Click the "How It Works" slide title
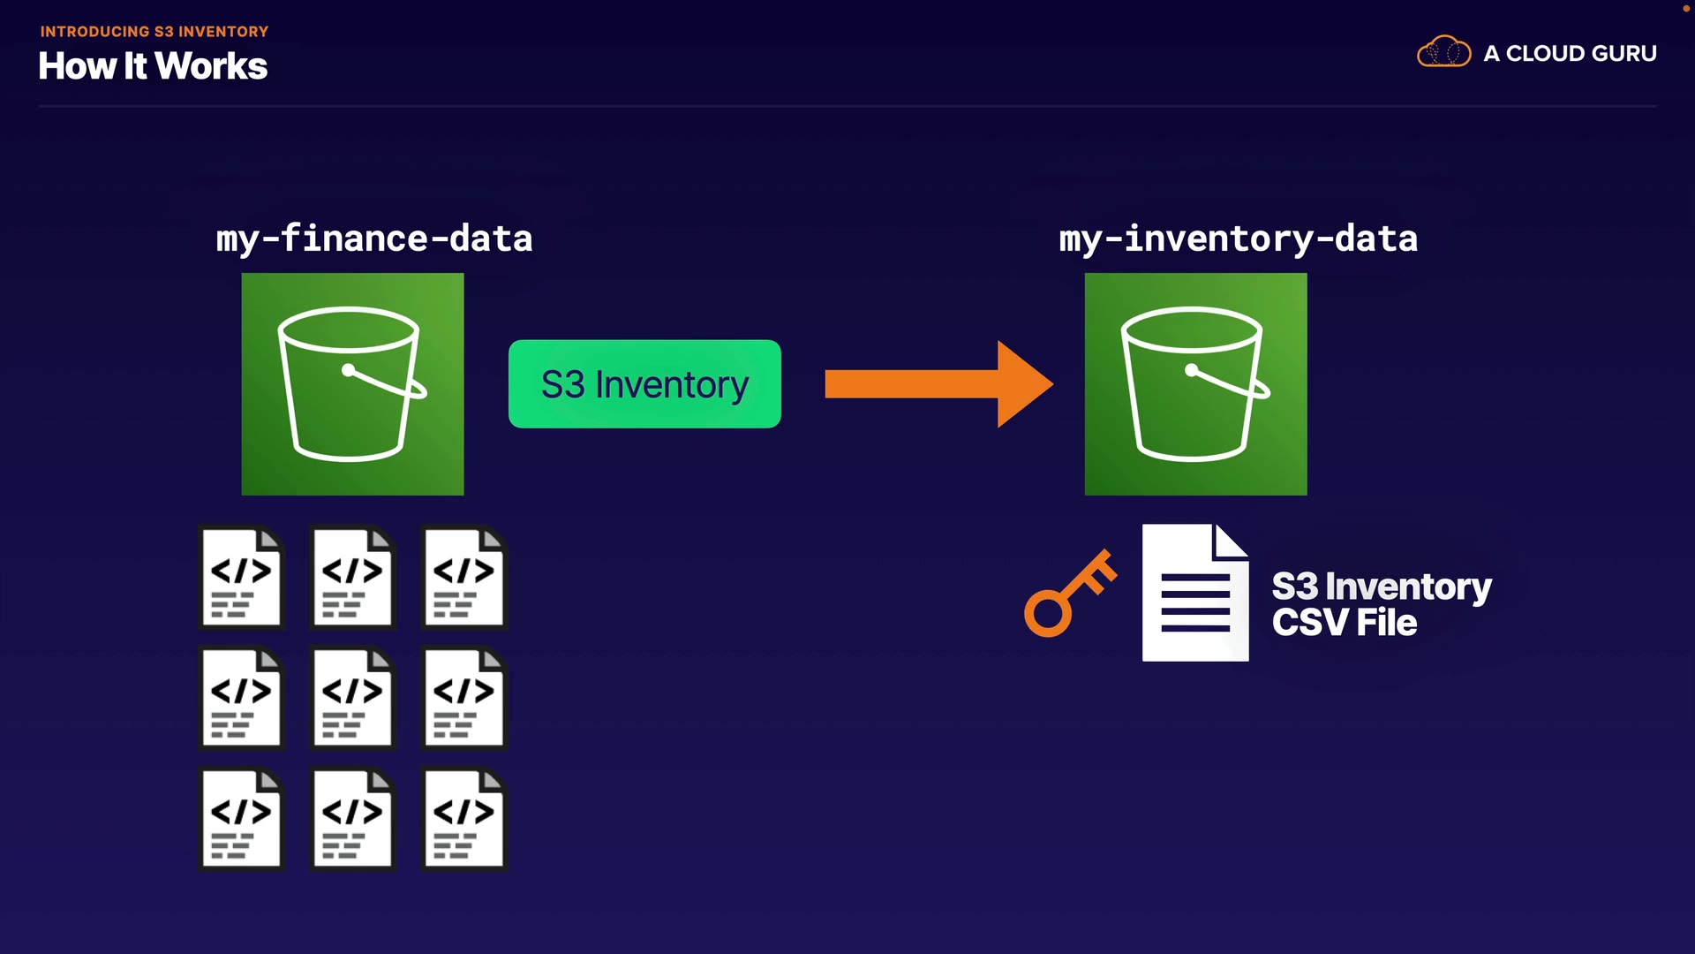point(153,66)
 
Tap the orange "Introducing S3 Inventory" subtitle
point(154,32)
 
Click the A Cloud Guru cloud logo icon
point(1443,52)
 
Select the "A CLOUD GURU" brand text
point(1570,54)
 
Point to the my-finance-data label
point(374,239)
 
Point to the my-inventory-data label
point(1238,239)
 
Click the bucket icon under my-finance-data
point(352,384)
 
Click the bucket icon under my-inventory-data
point(1195,384)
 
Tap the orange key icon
point(1069,594)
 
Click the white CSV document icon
point(1195,593)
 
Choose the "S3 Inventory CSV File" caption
point(1381,605)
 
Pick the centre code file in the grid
point(352,699)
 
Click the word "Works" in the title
point(211,66)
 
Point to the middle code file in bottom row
point(352,819)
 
